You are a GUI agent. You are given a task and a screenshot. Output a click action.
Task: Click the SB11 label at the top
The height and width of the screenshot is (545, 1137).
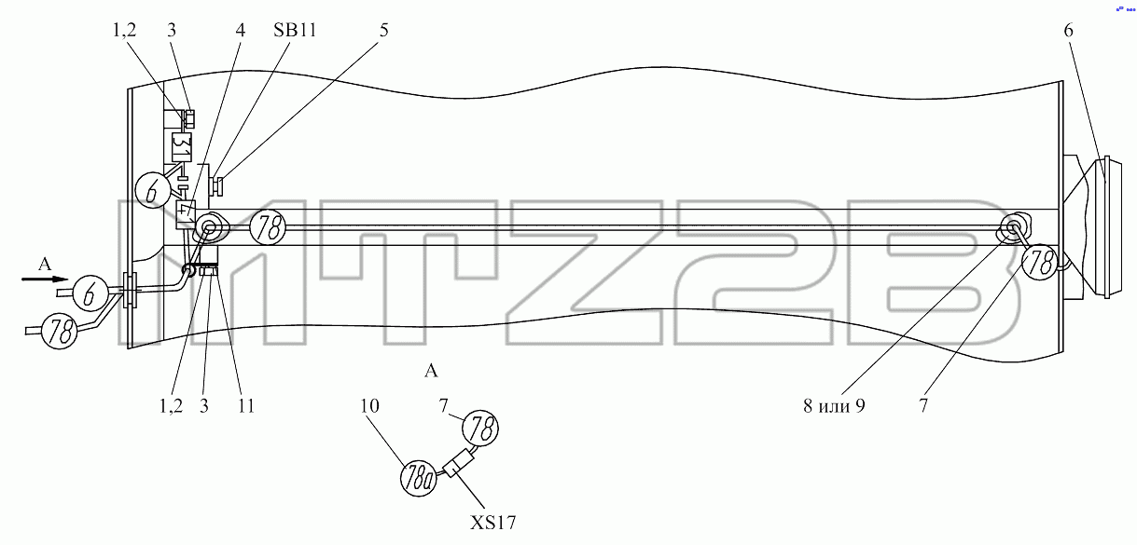click(295, 30)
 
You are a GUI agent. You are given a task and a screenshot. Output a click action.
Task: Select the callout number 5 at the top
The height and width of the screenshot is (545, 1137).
click(383, 30)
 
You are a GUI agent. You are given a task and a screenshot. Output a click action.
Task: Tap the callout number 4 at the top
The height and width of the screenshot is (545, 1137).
click(240, 30)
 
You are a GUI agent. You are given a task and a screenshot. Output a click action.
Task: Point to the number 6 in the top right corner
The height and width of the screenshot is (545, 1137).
click(1069, 31)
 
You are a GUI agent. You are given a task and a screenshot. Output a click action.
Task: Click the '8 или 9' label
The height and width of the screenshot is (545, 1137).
click(834, 405)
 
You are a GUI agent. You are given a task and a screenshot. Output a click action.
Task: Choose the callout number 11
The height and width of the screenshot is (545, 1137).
click(246, 405)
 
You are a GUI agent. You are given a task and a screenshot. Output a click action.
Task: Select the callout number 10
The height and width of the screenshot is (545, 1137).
click(369, 405)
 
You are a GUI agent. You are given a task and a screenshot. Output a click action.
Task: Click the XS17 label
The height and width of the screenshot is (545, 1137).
click(492, 523)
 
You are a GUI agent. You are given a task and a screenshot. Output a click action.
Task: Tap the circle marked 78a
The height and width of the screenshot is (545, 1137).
click(419, 478)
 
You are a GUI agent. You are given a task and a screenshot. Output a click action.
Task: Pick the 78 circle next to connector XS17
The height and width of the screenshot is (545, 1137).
click(480, 428)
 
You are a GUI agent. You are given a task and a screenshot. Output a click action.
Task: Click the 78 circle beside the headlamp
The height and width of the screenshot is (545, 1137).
click(1040, 262)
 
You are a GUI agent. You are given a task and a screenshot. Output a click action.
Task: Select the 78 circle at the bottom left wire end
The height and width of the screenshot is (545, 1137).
click(59, 331)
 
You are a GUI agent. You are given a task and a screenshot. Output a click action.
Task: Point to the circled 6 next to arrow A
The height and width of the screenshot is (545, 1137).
click(90, 293)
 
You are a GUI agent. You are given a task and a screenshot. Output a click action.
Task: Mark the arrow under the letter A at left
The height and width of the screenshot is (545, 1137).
click(45, 279)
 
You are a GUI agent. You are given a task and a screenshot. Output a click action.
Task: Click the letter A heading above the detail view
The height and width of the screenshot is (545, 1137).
click(431, 371)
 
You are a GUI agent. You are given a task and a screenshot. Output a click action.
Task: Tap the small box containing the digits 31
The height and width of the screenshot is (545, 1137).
click(182, 147)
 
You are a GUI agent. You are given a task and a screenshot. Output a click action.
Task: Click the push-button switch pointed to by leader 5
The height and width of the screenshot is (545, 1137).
click(216, 185)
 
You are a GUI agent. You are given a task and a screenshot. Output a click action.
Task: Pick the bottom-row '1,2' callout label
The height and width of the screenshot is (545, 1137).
click(171, 405)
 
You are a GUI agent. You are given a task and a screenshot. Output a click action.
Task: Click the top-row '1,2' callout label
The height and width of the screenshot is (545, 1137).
click(124, 30)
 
